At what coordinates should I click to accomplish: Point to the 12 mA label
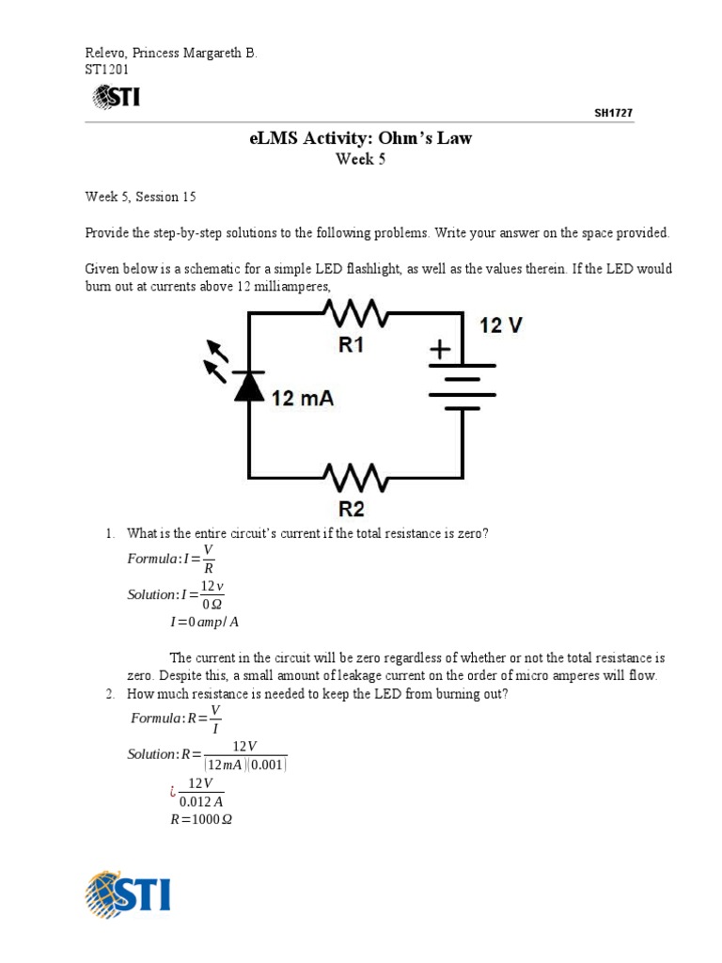pyautogui.click(x=303, y=399)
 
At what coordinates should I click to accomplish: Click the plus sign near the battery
pyautogui.click(x=439, y=350)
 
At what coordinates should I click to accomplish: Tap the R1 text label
pyautogui.click(x=351, y=345)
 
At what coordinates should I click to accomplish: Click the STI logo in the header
pyautogui.click(x=116, y=96)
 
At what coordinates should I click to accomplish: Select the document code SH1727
pyautogui.click(x=613, y=113)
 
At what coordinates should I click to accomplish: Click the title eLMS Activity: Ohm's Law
pyautogui.click(x=361, y=139)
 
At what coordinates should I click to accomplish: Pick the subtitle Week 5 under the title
pyautogui.click(x=361, y=159)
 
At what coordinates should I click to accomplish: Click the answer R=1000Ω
pyautogui.click(x=200, y=819)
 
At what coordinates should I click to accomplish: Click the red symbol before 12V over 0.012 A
pyautogui.click(x=174, y=792)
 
